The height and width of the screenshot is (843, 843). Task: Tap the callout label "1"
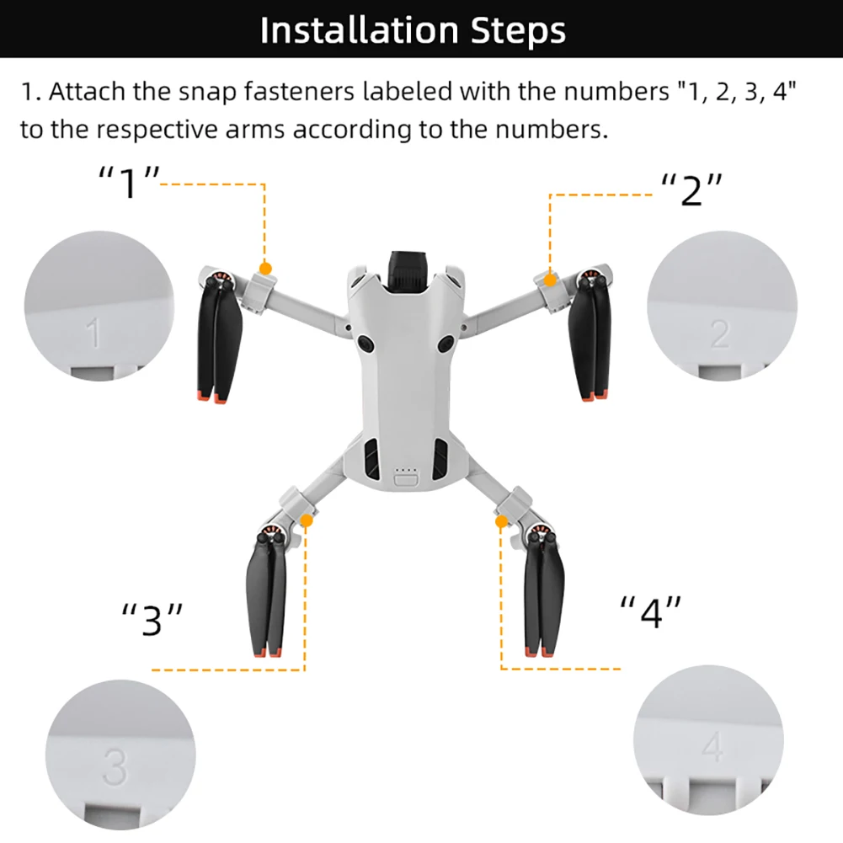[129, 182]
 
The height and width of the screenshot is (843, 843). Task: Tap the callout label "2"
[691, 191]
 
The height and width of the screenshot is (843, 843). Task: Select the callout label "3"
[152, 620]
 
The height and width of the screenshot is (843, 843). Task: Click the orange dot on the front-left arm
[265, 269]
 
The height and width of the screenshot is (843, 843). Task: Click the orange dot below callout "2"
[550, 279]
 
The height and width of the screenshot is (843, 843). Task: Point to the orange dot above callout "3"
[306, 521]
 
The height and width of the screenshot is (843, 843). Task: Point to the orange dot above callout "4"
[502, 522]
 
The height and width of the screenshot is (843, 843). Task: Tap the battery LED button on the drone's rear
[406, 480]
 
